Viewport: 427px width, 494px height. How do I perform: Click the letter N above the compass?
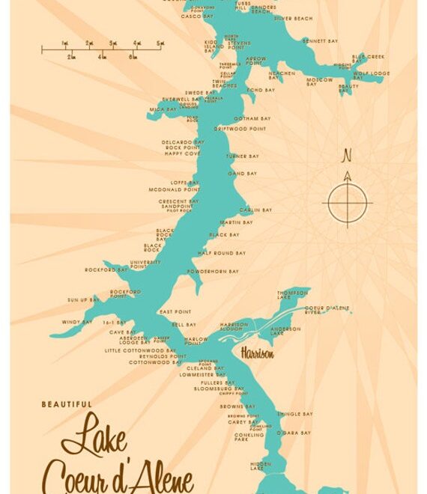[x=346, y=156]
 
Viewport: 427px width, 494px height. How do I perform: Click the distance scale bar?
[x=102, y=50]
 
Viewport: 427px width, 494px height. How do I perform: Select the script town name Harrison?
[x=257, y=353]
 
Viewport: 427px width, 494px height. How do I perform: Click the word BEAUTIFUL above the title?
[x=67, y=404]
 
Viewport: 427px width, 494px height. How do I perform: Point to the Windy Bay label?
[x=76, y=322]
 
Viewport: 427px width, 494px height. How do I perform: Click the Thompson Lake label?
[x=291, y=294]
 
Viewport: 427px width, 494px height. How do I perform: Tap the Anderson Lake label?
[x=285, y=329]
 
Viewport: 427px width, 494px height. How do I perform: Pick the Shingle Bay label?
[x=294, y=414]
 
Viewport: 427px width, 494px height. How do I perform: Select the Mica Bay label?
[x=157, y=109]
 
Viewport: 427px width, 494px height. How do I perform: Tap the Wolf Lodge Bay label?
[x=372, y=73]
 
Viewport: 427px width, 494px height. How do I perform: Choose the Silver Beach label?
[x=293, y=18]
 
